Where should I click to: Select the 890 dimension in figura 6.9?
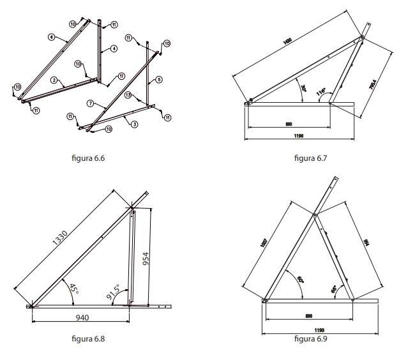pyautogui.click(x=308, y=317)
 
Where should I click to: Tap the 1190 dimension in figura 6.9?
pyautogui.click(x=308, y=331)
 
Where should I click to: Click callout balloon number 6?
pyautogui.click(x=50, y=38)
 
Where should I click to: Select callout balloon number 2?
pyautogui.click(x=55, y=80)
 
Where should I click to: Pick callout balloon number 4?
pyautogui.click(x=114, y=48)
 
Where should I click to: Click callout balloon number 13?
pyautogui.click(x=128, y=95)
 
